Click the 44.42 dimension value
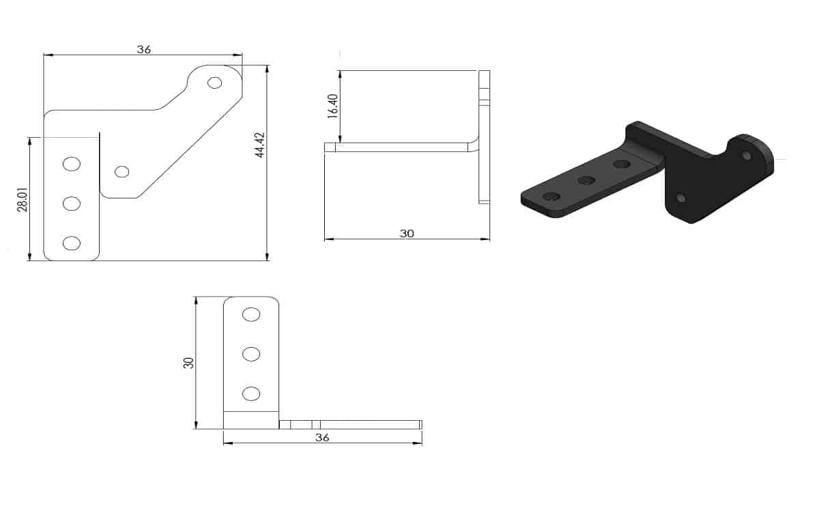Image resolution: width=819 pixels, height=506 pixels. (259, 144)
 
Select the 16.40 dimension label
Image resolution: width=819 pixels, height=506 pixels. (332, 106)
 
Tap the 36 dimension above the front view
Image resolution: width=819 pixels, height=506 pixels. (143, 49)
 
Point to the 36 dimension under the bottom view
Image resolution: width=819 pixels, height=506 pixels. (322, 437)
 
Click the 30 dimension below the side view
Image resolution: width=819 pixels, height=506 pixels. (407, 233)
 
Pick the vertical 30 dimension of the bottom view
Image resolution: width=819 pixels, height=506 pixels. (188, 362)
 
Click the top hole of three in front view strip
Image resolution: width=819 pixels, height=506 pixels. (71, 164)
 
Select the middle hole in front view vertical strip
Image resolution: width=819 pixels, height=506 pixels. (71, 203)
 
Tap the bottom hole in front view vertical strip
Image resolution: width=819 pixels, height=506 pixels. (71, 243)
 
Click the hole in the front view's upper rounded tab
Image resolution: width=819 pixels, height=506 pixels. (215, 83)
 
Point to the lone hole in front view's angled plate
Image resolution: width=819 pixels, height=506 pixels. (122, 171)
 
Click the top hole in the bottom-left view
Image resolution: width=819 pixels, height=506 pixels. (251, 314)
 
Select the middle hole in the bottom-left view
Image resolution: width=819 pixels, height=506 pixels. (251, 354)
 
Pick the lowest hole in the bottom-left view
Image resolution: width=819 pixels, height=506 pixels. (251, 393)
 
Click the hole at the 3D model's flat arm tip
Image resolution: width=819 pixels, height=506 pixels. (551, 196)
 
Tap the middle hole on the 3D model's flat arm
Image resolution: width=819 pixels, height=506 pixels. (586, 180)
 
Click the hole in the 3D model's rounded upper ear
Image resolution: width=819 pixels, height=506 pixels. (747, 156)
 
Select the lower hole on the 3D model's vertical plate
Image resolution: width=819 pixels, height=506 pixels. (680, 198)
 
